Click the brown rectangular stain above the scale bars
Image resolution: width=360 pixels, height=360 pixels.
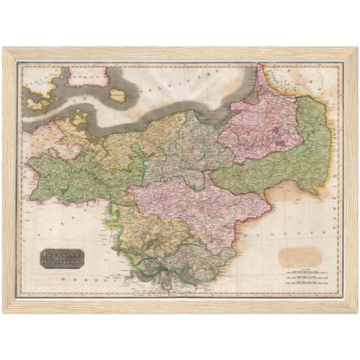coord(299,256)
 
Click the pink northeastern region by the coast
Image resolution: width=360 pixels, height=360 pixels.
coord(260,130)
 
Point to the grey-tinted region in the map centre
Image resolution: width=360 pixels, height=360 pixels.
coord(182,151)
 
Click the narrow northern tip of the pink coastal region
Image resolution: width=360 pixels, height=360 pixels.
coord(257,74)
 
